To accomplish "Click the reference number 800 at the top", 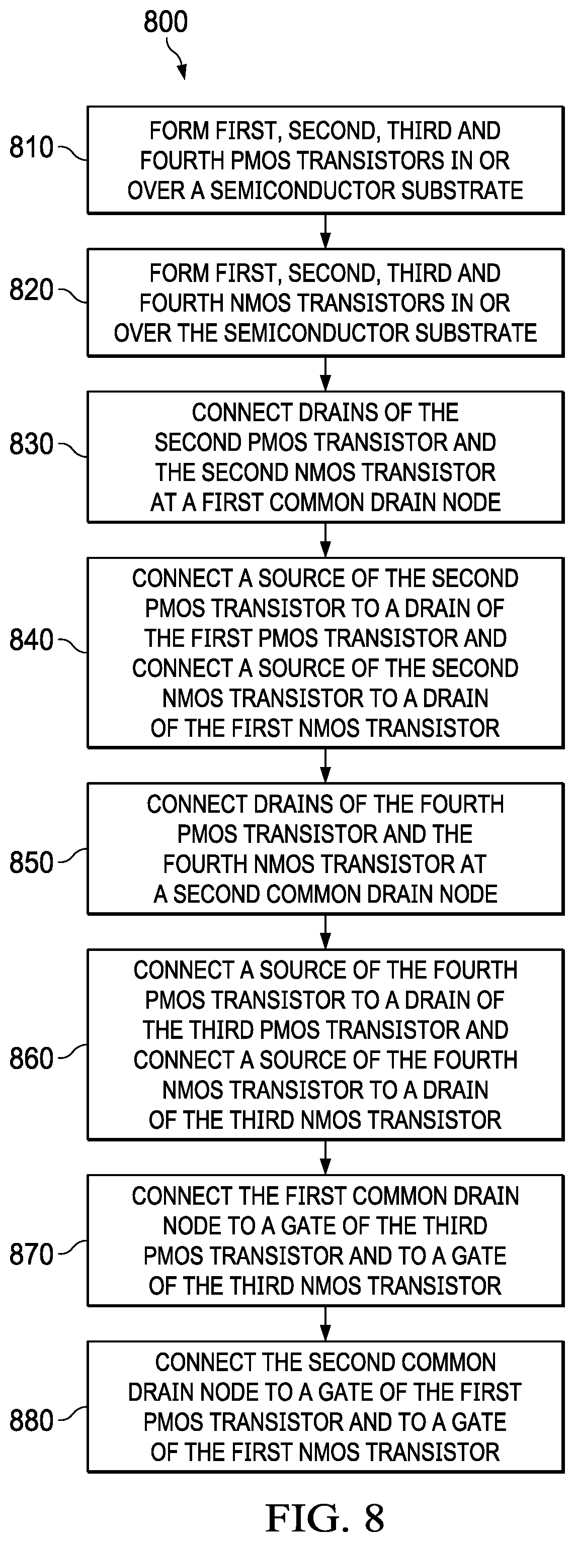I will [166, 22].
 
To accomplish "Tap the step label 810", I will [31, 147].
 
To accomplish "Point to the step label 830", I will [31, 445].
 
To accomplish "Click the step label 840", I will [31, 640].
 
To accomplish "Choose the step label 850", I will [31, 862].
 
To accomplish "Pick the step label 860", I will [31, 1059].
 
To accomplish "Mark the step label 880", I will [31, 1420].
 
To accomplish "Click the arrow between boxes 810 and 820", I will [325, 231].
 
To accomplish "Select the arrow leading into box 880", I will [325, 1323].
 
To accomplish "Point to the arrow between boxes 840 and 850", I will [325, 765].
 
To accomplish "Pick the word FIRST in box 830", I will [232, 502].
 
